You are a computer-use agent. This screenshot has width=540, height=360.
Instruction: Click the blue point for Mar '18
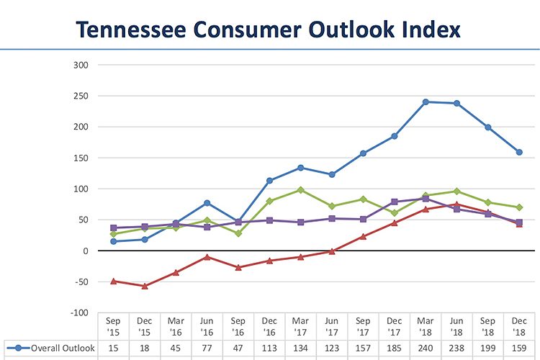[426, 102]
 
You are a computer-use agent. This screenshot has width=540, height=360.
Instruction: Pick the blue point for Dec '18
[519, 152]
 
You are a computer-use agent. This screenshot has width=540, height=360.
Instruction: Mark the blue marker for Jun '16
[207, 203]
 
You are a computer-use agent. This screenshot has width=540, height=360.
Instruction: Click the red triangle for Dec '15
[145, 286]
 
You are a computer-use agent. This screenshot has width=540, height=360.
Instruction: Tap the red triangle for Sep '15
[113, 281]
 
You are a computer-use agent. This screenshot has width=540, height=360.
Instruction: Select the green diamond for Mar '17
[300, 190]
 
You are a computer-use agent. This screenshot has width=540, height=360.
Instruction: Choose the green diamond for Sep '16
[238, 233]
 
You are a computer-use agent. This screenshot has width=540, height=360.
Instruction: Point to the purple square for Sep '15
[113, 228]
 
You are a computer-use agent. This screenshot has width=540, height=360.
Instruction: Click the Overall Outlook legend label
[63, 348]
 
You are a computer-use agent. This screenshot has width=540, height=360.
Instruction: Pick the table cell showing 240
[426, 348]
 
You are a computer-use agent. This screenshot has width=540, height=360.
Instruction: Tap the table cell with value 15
[113, 348]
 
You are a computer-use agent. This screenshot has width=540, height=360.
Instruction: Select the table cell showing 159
[519, 348]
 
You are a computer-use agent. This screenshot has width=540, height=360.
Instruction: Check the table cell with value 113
[269, 348]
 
